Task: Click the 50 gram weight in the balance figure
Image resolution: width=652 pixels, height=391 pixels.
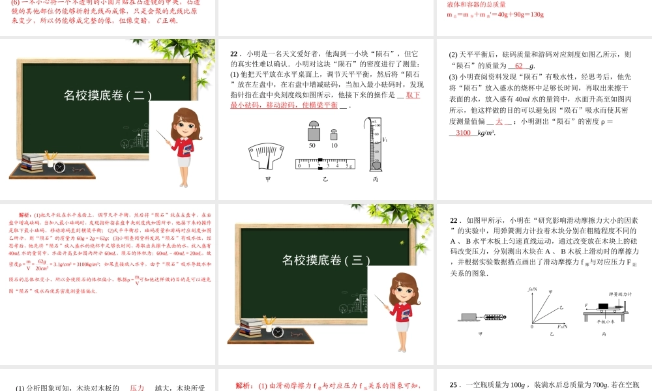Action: [312, 133]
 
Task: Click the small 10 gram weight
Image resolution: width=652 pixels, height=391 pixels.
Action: [334, 135]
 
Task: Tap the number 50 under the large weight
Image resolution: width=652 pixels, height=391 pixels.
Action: [312, 145]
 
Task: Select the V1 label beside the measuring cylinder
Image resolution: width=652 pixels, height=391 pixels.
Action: [385, 139]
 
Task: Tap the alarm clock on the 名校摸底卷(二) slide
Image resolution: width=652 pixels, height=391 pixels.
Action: [59, 167]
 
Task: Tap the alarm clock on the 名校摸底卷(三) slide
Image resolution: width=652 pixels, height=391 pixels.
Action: [278, 332]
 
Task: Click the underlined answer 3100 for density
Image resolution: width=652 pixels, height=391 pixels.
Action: [463, 132]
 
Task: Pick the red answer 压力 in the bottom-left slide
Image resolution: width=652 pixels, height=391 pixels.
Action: [137, 388]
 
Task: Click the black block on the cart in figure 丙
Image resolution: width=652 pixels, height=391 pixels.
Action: [604, 306]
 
